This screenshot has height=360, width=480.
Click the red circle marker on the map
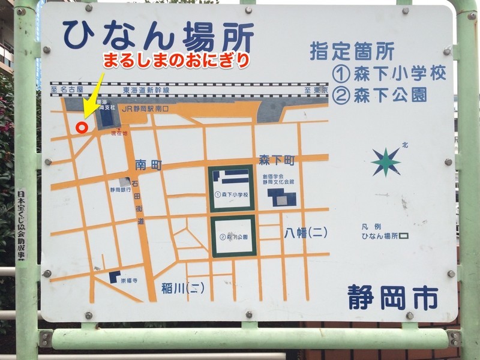pos(83,127)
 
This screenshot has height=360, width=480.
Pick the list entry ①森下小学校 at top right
pos(389,74)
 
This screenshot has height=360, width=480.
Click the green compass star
pos(386,162)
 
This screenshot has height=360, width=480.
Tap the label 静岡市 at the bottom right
pos(393,298)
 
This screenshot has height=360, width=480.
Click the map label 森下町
pos(275,161)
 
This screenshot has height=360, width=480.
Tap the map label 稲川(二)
pos(183,288)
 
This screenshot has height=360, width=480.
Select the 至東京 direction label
pos(316,90)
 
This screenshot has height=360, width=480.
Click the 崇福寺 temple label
pos(129,280)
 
